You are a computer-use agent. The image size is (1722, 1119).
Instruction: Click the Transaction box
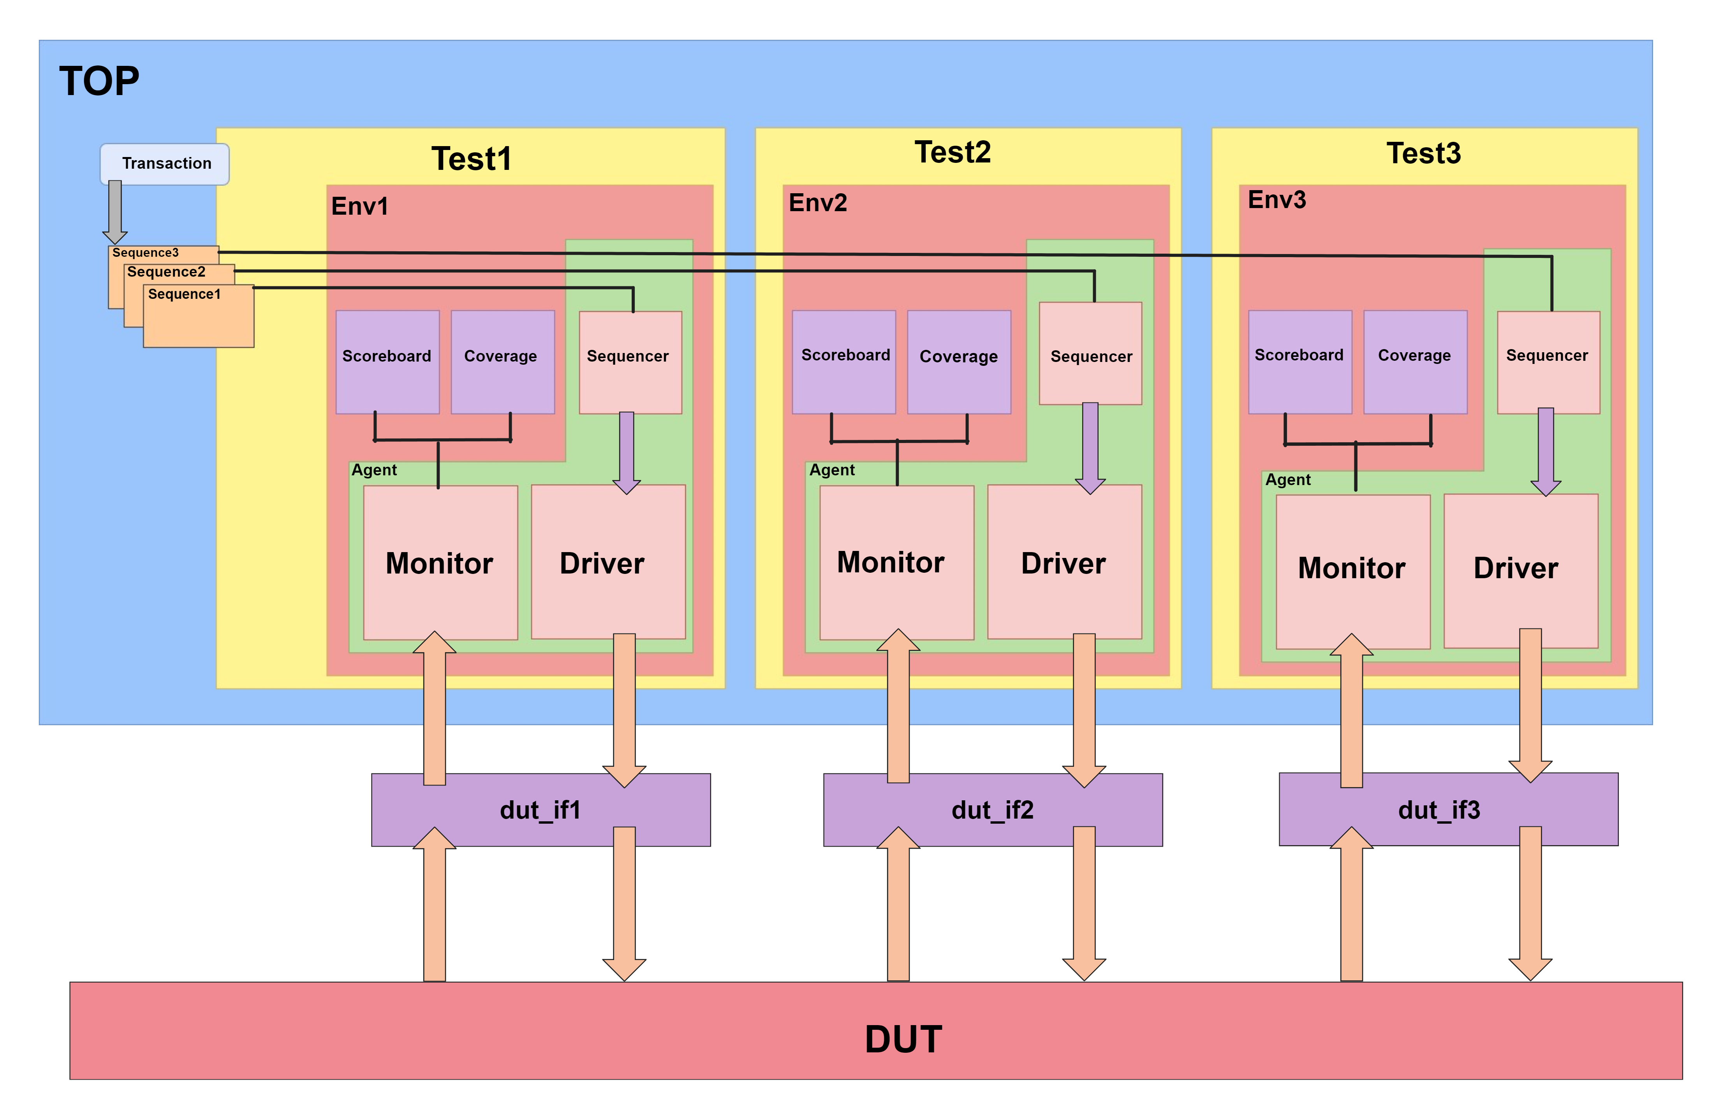pyautogui.click(x=165, y=164)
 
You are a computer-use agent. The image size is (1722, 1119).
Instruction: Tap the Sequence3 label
pyautogui.click(x=145, y=252)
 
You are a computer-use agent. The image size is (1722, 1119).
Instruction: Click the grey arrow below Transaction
pyautogui.click(x=115, y=211)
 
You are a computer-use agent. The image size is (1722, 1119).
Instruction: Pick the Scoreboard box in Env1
pyautogui.click(x=387, y=362)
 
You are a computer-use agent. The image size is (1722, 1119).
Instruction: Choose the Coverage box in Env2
pyautogui.click(x=959, y=362)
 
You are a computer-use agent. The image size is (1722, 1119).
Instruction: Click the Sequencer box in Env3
pyautogui.click(x=1548, y=362)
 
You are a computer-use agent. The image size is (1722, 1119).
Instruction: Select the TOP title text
pyautogui.click(x=99, y=81)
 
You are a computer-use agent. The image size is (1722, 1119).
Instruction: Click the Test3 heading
pyautogui.click(x=1423, y=154)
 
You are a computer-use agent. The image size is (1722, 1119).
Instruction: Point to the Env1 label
pyautogui.click(x=359, y=206)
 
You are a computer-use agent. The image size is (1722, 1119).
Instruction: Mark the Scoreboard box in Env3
pyautogui.click(x=1299, y=362)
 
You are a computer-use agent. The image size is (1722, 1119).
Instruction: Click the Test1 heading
pyautogui.click(x=471, y=159)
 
